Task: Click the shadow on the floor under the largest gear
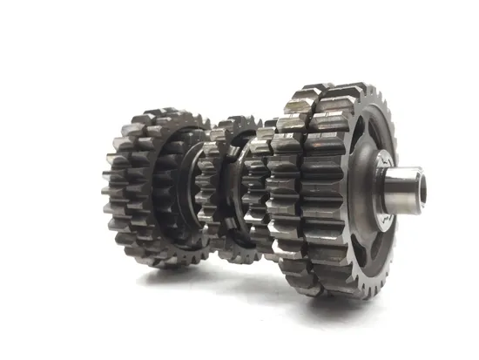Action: pos(348,302)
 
